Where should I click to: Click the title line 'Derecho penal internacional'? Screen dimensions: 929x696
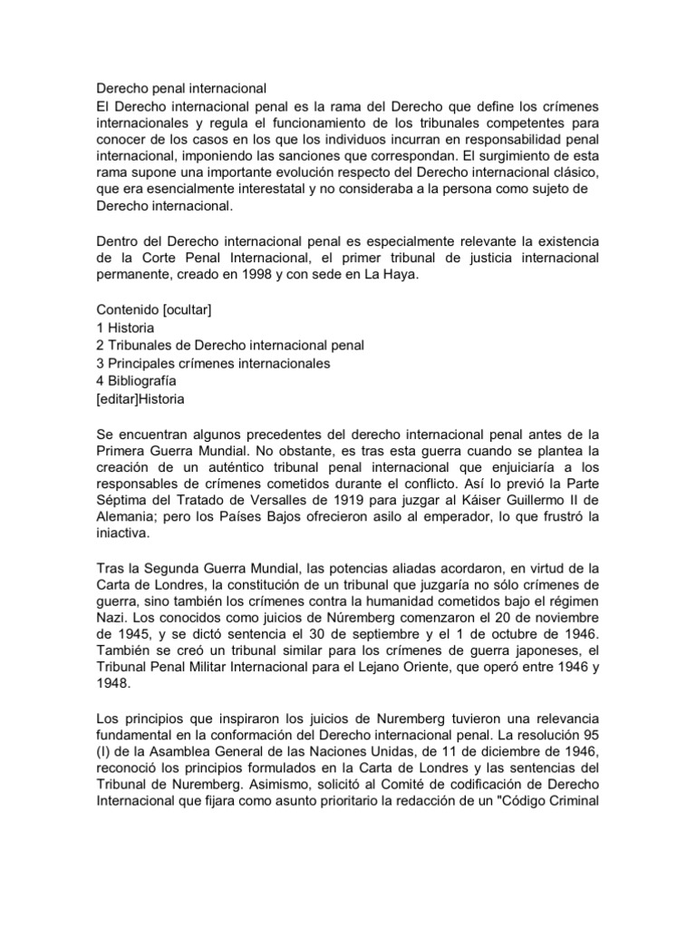coord(181,89)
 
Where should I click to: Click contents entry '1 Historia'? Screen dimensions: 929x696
coord(125,328)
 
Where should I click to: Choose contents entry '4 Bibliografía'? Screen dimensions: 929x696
coord(136,380)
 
